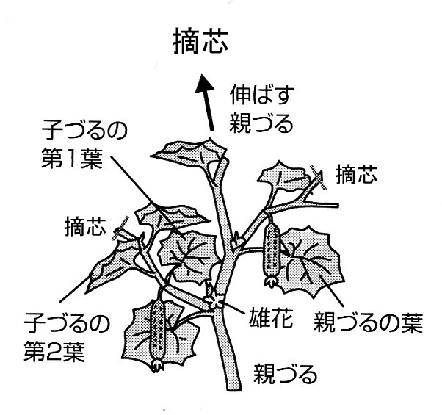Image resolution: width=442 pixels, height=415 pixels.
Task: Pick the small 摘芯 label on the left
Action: coord(85,223)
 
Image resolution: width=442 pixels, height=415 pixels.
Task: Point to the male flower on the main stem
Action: coord(215,300)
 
